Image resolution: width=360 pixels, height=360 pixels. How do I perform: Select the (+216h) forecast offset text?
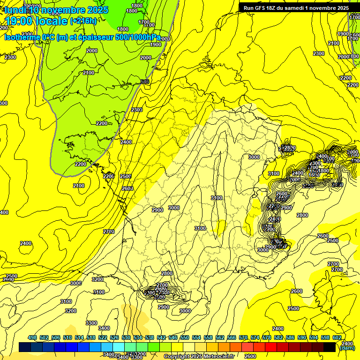[x=83, y=21]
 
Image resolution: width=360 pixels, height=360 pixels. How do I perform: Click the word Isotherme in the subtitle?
[x=22, y=37]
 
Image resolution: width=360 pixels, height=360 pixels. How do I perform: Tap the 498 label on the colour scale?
[x=32, y=337]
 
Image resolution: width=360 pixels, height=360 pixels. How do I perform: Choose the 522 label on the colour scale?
[x=103, y=337]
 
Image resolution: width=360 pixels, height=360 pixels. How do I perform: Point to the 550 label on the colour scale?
[x=185, y=337]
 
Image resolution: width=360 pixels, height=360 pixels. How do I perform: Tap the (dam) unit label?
[x=346, y=348]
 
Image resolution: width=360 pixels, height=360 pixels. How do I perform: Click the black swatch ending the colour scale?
[x=330, y=347]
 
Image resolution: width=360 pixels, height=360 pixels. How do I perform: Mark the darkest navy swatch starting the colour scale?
[x=25, y=347]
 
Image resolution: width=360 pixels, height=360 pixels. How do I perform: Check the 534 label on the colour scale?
[x=138, y=337]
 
